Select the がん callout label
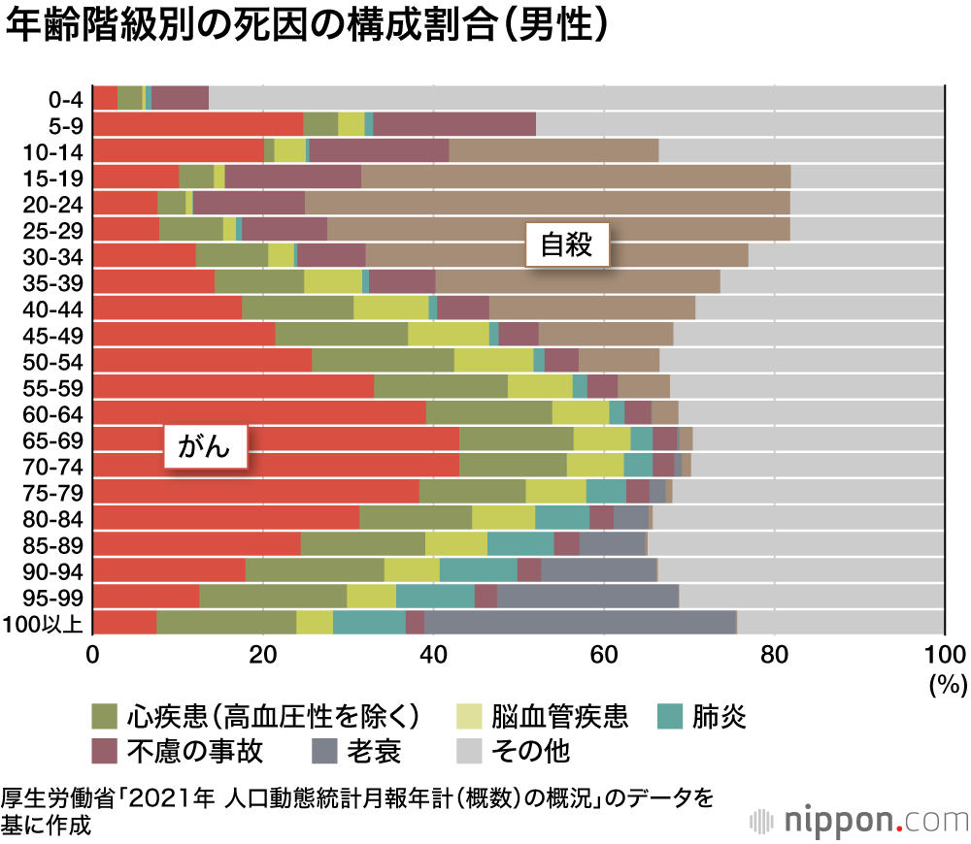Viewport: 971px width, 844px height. click(204, 446)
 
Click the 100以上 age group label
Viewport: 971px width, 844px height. click(45, 622)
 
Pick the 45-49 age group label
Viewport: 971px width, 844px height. click(61, 334)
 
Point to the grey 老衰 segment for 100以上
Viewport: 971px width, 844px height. click(580, 622)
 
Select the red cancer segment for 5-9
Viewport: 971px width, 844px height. click(198, 124)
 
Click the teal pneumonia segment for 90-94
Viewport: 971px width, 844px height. click(478, 569)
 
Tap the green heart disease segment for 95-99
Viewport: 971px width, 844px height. click(273, 596)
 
